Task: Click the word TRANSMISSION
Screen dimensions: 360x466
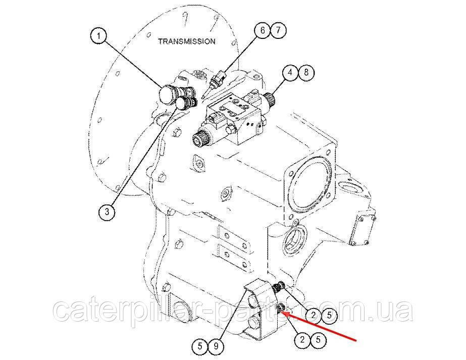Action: coord(187,41)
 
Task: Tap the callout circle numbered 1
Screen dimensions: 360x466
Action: coord(99,36)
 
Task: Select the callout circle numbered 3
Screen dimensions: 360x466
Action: coord(107,212)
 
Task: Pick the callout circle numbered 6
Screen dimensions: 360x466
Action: coord(263,30)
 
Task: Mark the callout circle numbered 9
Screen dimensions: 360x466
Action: coord(216,346)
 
